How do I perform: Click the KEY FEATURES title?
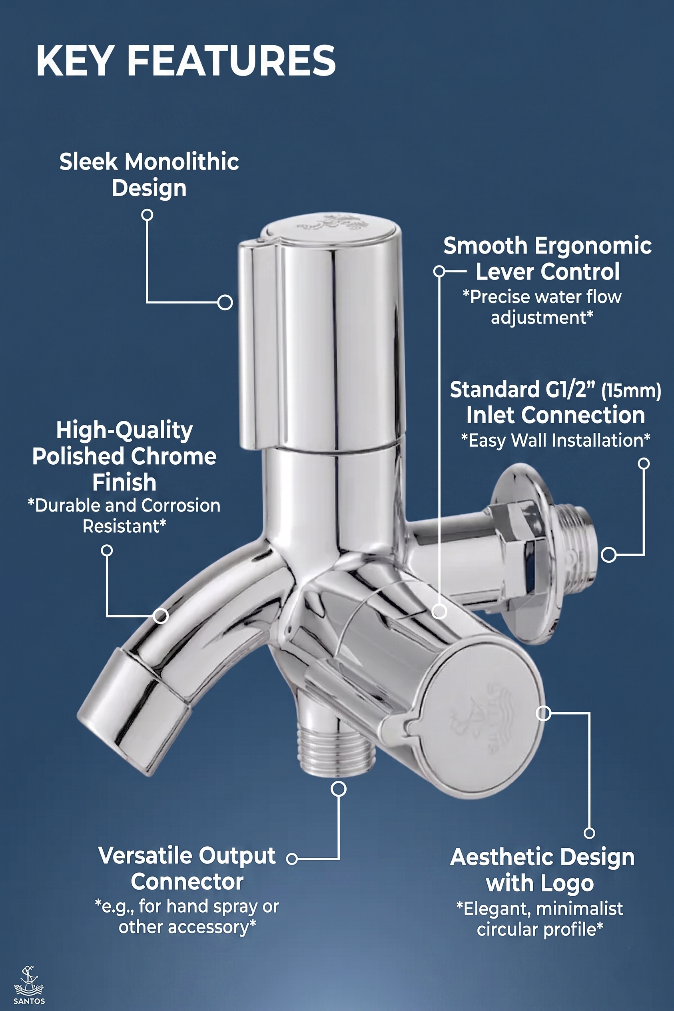(x=186, y=61)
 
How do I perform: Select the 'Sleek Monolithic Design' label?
(x=149, y=175)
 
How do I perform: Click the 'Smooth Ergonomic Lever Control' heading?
(x=547, y=259)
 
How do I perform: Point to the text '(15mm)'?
(x=631, y=392)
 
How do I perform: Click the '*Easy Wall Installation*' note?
(x=555, y=441)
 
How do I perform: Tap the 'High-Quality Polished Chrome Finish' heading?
(x=124, y=456)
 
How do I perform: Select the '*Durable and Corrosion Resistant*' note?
(x=124, y=516)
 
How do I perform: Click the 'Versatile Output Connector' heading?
(x=187, y=869)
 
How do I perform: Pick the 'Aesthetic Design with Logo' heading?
(x=542, y=870)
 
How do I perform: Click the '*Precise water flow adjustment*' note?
(x=542, y=308)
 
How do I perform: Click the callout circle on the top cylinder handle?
(x=225, y=302)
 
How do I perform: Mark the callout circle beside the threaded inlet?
(x=608, y=555)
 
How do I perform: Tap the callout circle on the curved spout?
(x=161, y=616)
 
